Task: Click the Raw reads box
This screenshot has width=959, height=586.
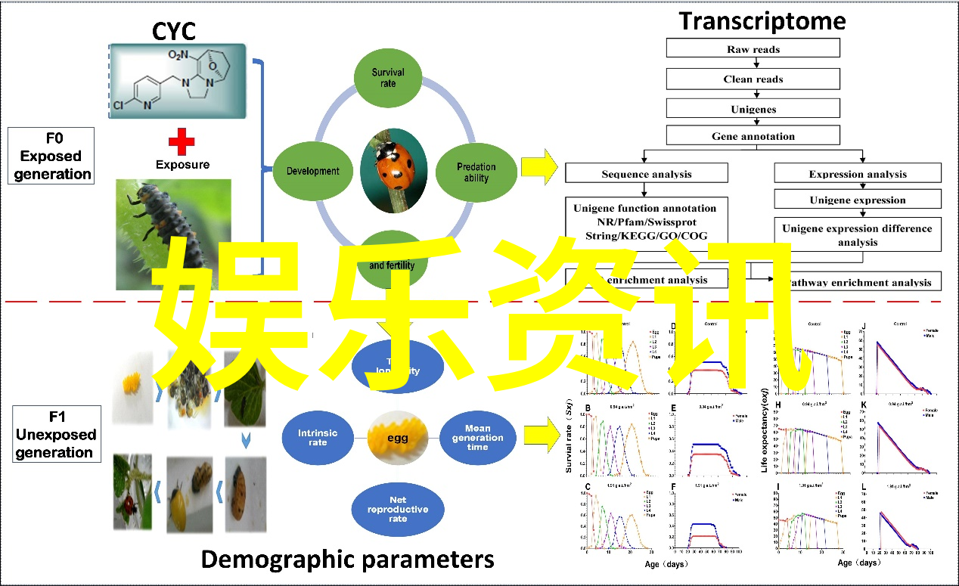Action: pos(753,49)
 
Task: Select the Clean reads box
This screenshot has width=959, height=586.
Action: pos(753,79)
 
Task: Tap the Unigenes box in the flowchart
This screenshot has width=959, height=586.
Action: pos(753,109)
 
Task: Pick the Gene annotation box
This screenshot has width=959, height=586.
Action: pos(753,136)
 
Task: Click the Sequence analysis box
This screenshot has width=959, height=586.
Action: pos(646,174)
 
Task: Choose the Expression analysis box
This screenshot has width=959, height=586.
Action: pos(857,174)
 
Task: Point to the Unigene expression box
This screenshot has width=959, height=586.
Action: pos(857,200)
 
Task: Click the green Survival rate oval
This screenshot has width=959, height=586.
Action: pos(388,78)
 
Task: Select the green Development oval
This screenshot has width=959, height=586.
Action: pos(312,171)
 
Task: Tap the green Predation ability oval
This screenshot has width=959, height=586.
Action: pos(476,172)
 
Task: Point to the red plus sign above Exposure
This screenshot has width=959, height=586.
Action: pos(181,141)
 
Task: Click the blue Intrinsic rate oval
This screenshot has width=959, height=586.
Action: pos(318,438)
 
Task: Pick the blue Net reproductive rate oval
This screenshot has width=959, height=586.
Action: pos(398,509)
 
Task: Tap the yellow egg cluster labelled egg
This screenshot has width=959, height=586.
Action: pos(398,438)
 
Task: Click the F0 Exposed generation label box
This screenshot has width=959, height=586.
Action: pos(51,156)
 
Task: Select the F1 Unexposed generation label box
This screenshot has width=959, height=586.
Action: pos(55,434)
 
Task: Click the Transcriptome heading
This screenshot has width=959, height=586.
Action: pos(762,20)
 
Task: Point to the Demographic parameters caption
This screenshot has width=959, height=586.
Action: pos(348,560)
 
